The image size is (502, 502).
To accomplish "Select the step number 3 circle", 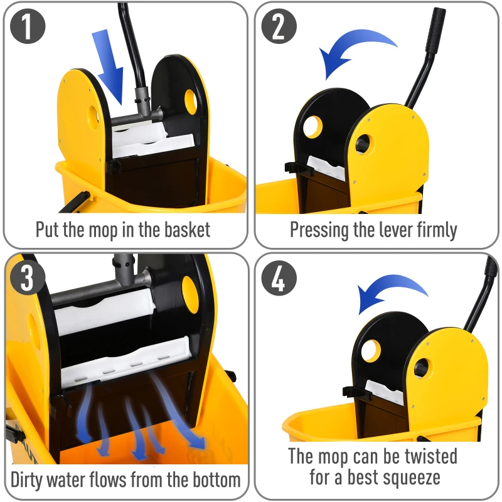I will (28, 278).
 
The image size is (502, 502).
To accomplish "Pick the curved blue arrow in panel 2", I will (355, 53).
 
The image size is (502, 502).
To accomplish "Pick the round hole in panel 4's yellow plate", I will (420, 367).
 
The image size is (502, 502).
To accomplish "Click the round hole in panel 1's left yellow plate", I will (94, 117).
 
